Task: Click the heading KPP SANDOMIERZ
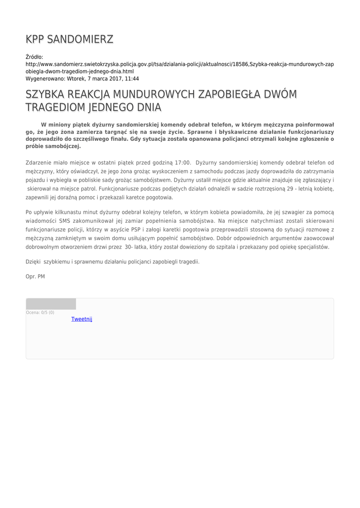(70, 39)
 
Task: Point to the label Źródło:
(34, 57)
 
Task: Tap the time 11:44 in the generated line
(132, 78)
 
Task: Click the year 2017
(110, 78)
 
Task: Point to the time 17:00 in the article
(183, 162)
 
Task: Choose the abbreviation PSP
(136, 229)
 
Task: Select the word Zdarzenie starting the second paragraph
(39, 162)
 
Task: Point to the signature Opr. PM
(35, 276)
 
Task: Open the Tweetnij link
(82, 319)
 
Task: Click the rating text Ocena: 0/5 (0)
(40, 313)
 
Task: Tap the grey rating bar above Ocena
(51, 304)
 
